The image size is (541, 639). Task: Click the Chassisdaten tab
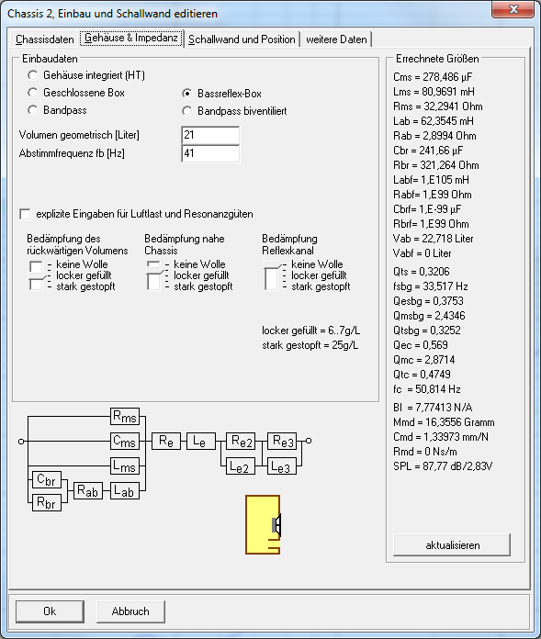pos(44,39)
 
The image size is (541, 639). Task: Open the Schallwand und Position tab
pos(242,39)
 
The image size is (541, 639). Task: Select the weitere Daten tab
pos(336,39)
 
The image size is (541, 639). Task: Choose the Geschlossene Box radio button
pos(33,93)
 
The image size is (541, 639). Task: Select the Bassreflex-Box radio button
pos(186,94)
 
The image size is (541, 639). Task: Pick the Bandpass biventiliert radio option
pos(186,111)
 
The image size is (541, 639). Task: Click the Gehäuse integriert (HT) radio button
pos(33,75)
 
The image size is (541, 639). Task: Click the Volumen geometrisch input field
pos(210,135)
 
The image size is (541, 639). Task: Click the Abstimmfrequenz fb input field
pos(210,153)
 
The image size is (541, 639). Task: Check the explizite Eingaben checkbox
pos(25,214)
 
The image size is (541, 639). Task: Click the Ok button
pos(50,611)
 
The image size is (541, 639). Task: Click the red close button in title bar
pos(513,9)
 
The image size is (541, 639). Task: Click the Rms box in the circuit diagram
pos(125,417)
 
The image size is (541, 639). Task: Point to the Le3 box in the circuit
pos(282,466)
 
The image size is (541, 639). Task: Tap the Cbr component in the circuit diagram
pos(47,479)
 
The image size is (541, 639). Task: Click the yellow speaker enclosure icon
pos(263,524)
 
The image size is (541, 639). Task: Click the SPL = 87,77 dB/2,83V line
pos(443,465)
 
